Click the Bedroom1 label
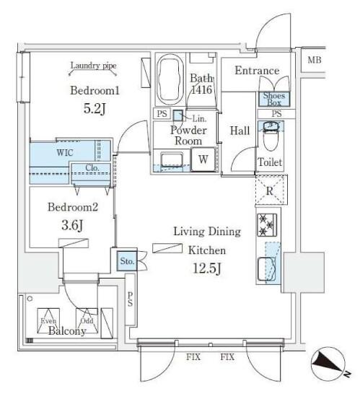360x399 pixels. click(x=94, y=92)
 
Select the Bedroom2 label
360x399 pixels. click(x=72, y=208)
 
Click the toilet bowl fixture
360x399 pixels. click(x=271, y=136)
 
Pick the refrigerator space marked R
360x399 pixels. click(x=270, y=191)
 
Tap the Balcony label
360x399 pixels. click(x=67, y=331)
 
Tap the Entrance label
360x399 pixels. click(x=257, y=71)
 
